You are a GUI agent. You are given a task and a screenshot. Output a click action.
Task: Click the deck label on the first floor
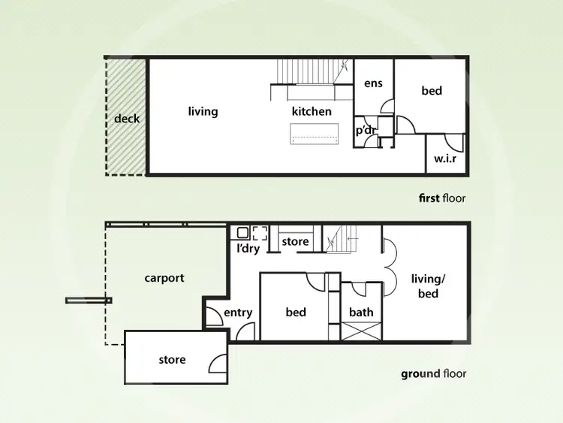(x=127, y=119)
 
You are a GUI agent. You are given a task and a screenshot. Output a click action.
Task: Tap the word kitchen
(x=312, y=112)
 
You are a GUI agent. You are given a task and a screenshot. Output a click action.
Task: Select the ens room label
(x=373, y=83)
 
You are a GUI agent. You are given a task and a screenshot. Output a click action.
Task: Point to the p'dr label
(x=366, y=130)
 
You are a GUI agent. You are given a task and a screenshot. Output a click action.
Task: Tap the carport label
(x=164, y=278)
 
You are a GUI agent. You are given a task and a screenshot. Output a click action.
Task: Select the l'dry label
(x=248, y=249)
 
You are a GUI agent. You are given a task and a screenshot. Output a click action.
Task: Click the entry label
(x=238, y=313)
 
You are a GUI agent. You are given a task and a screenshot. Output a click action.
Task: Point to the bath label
(x=361, y=313)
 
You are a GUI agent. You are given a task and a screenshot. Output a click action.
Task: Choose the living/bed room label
(x=428, y=286)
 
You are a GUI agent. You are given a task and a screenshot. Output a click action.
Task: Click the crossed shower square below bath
(x=362, y=331)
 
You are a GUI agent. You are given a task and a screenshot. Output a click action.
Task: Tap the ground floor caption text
(x=433, y=373)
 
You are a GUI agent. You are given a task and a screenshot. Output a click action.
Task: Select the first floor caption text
(x=442, y=198)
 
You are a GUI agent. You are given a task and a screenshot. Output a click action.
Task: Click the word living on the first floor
(x=203, y=112)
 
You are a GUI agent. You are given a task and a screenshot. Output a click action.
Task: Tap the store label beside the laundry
(x=295, y=242)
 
